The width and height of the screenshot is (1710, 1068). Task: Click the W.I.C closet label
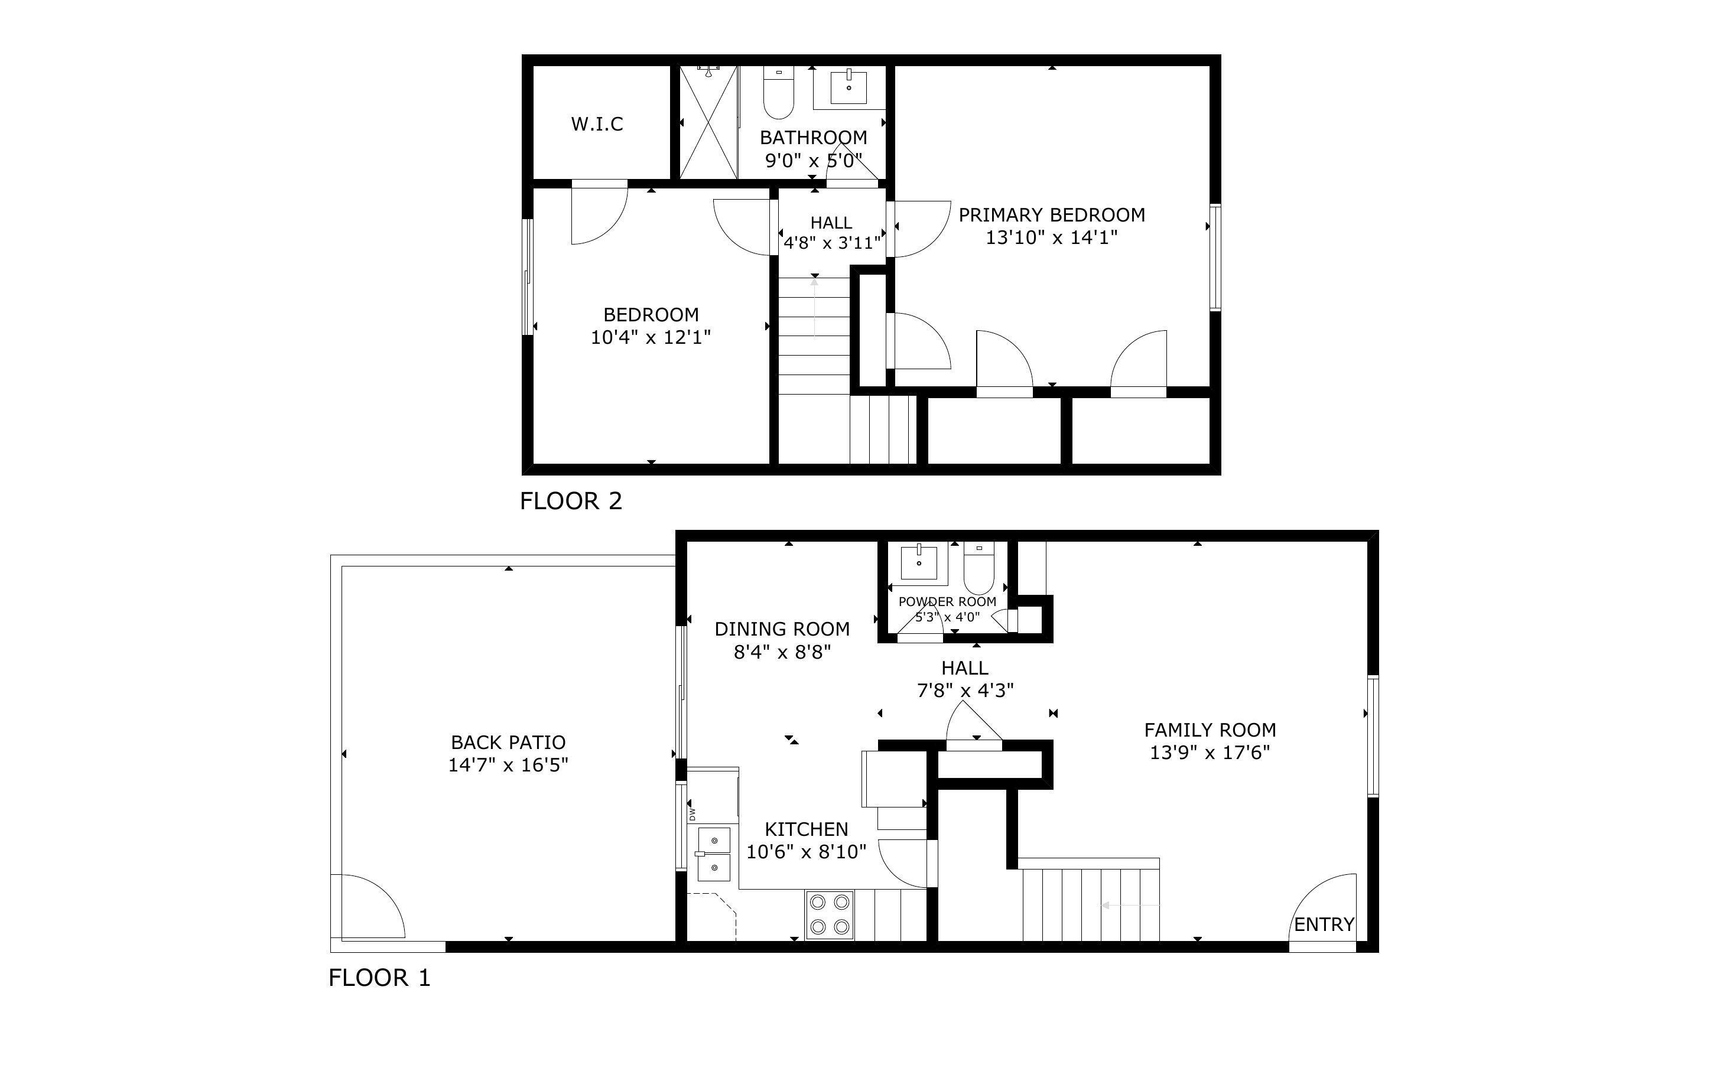pos(597,124)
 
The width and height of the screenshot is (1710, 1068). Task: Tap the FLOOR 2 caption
pos(571,501)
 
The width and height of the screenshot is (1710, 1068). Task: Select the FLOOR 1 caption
pos(379,978)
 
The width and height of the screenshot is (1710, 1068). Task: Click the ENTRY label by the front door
pos(1324,924)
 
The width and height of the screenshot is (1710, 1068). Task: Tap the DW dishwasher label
pos(692,814)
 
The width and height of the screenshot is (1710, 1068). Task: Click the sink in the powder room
pos(919,563)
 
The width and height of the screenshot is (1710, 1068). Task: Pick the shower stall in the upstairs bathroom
pos(708,122)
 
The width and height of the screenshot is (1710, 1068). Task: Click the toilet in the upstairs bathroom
pos(778,94)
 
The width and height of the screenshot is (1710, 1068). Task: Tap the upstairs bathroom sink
pos(849,87)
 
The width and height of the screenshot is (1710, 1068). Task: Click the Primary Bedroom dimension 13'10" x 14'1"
pos(1051,237)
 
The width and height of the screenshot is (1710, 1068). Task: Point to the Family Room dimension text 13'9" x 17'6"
pos(1209,752)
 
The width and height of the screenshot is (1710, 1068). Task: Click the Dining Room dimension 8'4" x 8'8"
pos(782,651)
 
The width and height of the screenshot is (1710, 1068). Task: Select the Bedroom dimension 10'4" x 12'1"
pos(650,337)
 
